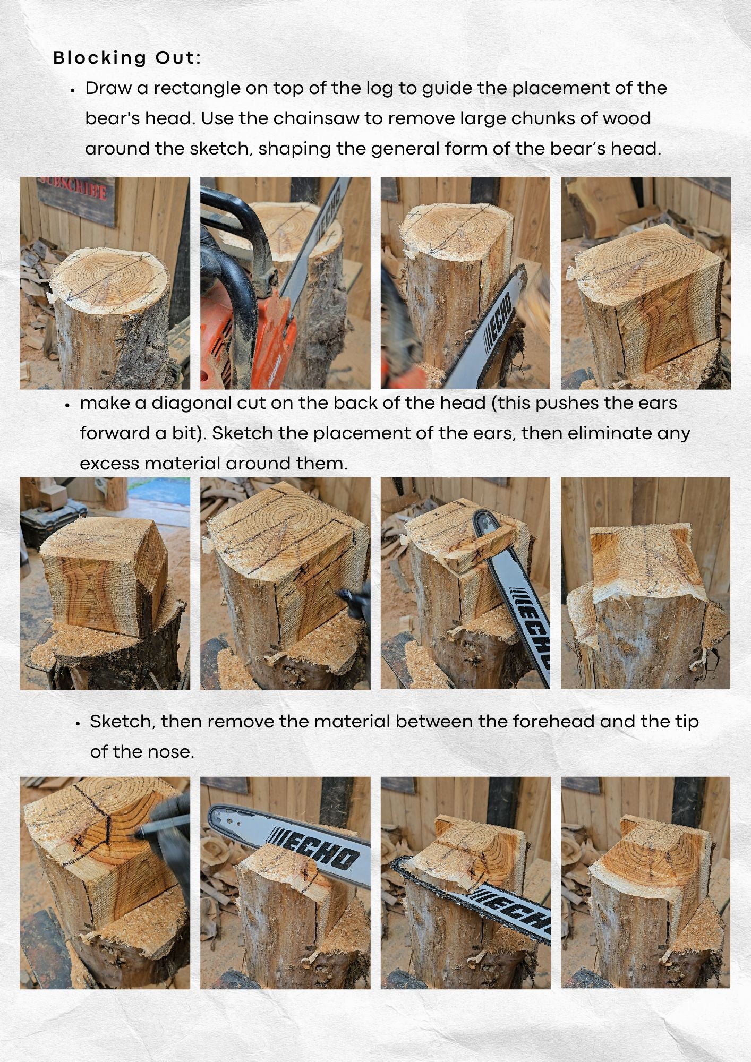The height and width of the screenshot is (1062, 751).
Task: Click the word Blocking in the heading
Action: [99, 58]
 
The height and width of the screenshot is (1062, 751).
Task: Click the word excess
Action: [109, 464]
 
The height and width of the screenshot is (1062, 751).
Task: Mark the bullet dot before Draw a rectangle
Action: [73, 90]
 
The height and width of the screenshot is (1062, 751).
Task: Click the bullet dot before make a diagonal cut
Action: [67, 405]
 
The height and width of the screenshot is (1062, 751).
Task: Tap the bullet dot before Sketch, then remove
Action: [78, 723]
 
